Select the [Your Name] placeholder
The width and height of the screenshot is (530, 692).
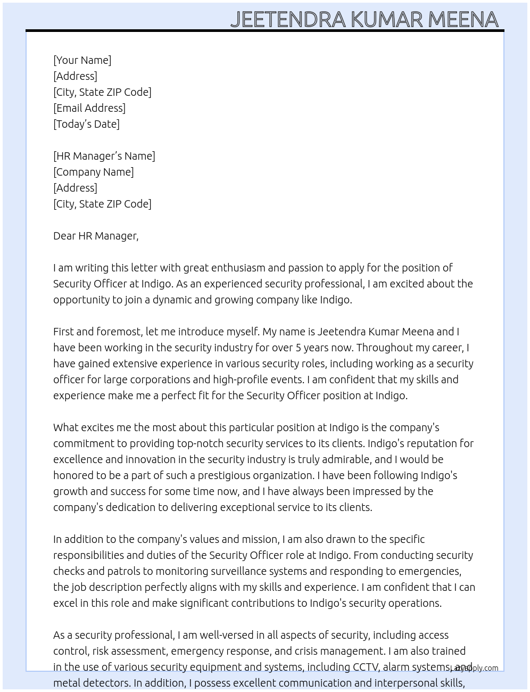tap(82, 60)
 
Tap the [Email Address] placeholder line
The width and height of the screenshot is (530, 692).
tap(89, 108)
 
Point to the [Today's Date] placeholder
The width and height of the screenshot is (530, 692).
tap(86, 124)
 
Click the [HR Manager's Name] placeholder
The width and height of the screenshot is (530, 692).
tap(104, 156)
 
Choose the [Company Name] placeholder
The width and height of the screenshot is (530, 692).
tap(94, 172)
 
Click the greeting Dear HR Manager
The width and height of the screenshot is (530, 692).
tap(96, 236)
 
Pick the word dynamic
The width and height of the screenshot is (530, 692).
tap(172, 300)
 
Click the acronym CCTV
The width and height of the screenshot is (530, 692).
tap(366, 667)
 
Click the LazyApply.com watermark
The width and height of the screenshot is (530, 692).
tap(474, 668)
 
